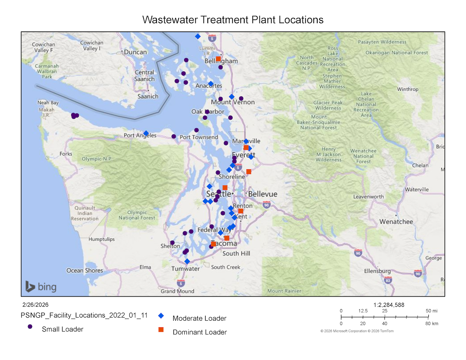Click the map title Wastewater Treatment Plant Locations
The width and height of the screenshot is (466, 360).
tap(233, 20)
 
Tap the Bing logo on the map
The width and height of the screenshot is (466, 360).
tap(41, 287)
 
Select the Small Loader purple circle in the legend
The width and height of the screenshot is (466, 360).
tap(30, 327)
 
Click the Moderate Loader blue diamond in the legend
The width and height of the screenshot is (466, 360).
tap(161, 316)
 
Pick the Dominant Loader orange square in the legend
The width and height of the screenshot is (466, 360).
tap(161, 330)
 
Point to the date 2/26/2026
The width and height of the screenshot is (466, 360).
tap(35, 305)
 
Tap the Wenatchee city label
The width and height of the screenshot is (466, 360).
tap(396, 222)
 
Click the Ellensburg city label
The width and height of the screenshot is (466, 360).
tap(377, 271)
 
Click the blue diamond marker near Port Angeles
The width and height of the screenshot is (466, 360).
tap(146, 133)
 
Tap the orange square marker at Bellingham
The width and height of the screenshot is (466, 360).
tap(218, 59)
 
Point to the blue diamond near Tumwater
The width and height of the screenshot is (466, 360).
tap(187, 261)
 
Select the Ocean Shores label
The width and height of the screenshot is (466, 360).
tap(85, 270)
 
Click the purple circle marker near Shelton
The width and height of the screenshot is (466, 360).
tap(172, 243)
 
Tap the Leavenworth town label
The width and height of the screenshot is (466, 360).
tap(369, 197)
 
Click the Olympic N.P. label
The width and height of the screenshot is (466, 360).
tap(97, 159)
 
